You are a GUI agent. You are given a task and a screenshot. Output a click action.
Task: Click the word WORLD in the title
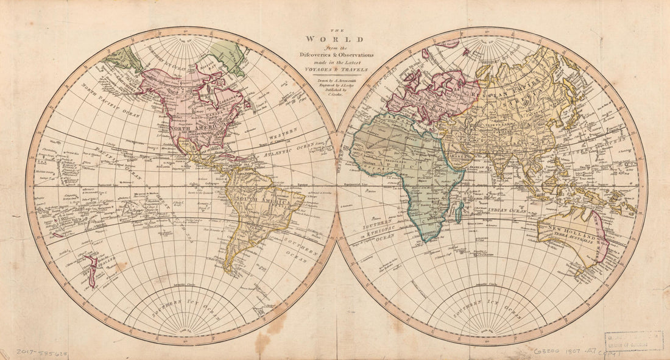click(x=335, y=40)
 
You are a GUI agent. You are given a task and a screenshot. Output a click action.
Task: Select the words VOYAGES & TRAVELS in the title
click(x=335, y=70)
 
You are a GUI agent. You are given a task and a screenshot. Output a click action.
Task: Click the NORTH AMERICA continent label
click(x=191, y=130)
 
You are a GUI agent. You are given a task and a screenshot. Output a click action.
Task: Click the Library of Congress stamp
click(x=634, y=341)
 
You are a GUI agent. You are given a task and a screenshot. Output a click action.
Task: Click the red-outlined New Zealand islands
click(x=90, y=270)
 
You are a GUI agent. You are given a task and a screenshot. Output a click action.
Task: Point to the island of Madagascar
click(x=459, y=212)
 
